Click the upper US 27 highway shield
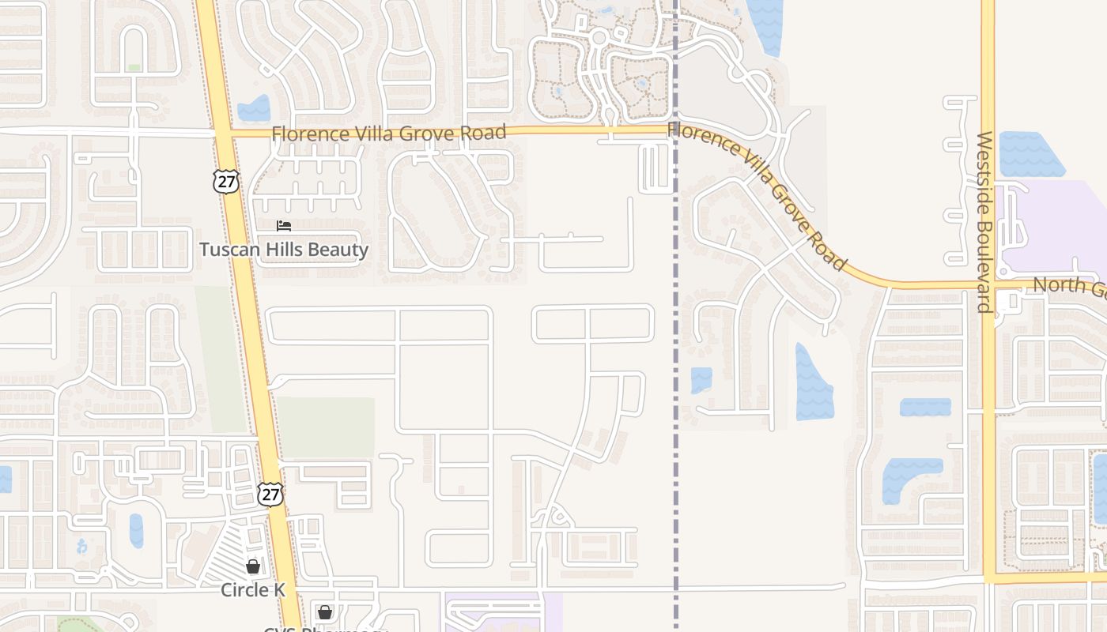tap(225, 181)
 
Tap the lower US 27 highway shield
tap(270, 495)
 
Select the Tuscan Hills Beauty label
tap(284, 250)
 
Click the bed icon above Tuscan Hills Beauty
tap(283, 226)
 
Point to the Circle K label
tap(252, 589)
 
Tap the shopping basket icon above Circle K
tap(252, 566)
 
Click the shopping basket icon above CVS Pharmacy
tap(324, 611)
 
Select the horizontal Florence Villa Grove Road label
tap(388, 133)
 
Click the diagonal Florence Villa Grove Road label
tap(758, 194)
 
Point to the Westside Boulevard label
tap(984, 222)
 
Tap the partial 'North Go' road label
tap(1068, 286)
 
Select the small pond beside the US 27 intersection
tap(254, 108)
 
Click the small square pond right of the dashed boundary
tap(701, 380)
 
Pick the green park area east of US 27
tap(326, 427)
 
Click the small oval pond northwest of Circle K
tap(137, 531)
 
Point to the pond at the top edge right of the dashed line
tap(765, 24)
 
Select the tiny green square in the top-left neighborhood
tap(134, 68)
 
